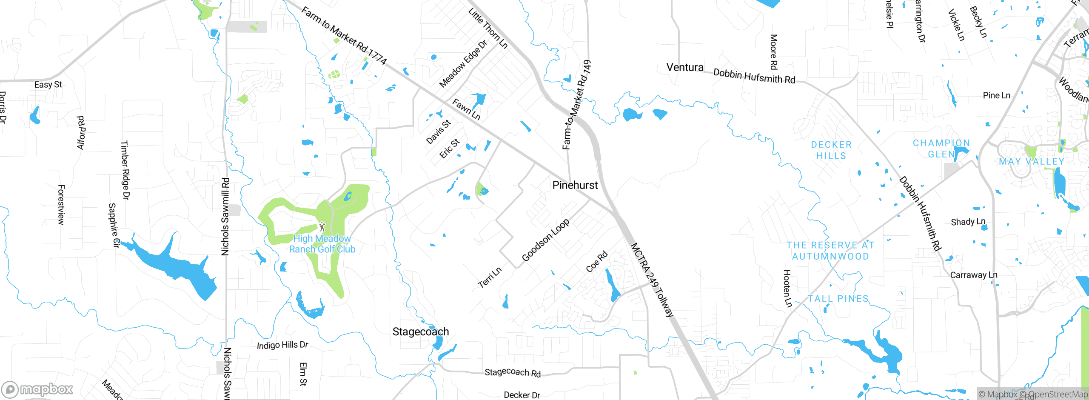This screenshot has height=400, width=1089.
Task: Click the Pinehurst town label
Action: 575,185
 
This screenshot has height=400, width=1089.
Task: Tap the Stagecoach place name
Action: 420,331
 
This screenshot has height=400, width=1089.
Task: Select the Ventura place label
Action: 684,67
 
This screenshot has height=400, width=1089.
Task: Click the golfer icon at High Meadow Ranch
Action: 322,226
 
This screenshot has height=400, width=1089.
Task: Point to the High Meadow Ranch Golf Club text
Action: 322,244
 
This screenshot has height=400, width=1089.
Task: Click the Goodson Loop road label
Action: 545,240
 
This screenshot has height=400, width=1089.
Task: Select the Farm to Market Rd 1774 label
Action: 344,36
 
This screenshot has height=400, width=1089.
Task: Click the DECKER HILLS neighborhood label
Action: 831,150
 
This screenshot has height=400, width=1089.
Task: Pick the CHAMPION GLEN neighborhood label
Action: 941,149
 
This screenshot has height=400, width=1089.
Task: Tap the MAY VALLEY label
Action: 1031,162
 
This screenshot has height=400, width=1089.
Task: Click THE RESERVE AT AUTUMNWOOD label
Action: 830,251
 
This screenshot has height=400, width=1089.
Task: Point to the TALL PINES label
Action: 838,299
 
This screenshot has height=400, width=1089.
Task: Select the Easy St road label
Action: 48,85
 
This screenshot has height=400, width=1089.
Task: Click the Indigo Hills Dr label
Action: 282,345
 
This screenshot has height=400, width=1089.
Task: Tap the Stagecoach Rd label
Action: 513,373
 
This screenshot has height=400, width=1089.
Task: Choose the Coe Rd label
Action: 597,262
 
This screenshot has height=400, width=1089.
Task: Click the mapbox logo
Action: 37,389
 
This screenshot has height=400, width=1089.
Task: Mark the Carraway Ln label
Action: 974,275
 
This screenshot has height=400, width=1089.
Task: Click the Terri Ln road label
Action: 490,278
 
